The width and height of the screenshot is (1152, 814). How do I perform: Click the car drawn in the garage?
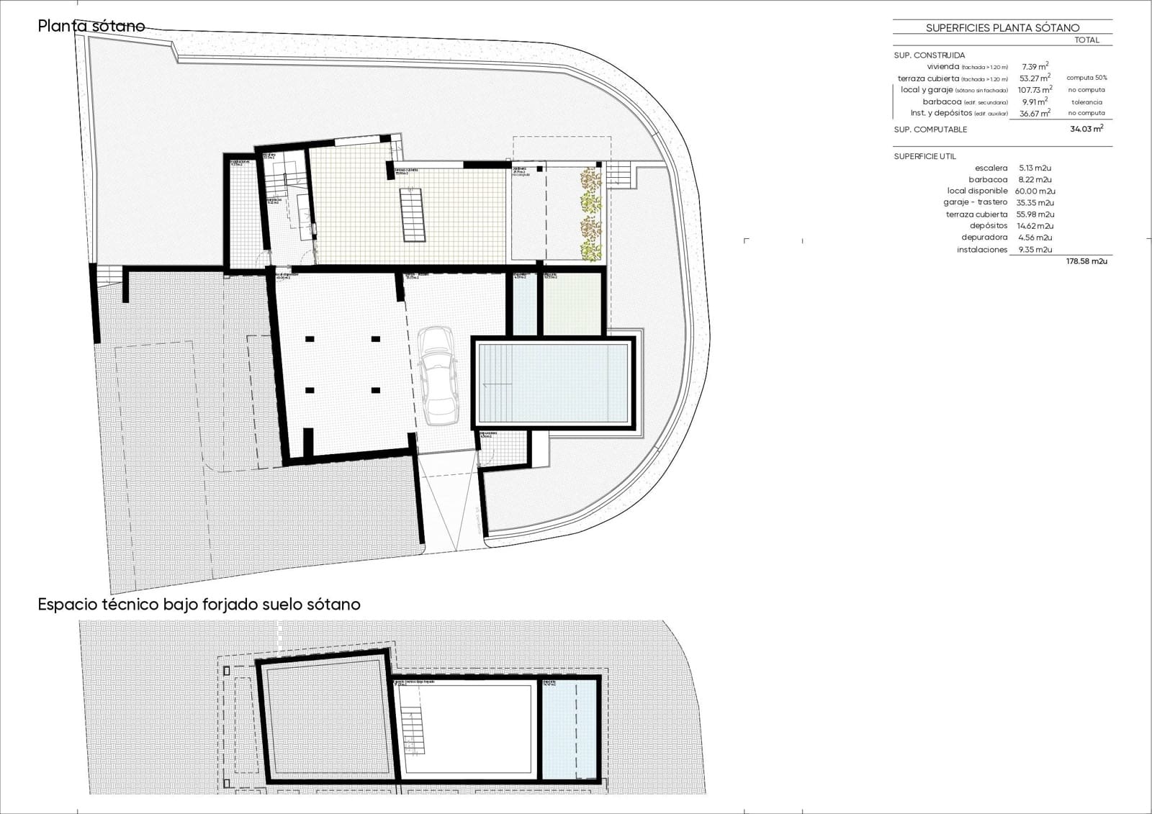point(438,375)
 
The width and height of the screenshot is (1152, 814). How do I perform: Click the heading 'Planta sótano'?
point(91,27)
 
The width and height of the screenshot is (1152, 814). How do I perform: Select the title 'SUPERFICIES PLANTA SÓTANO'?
point(1002,28)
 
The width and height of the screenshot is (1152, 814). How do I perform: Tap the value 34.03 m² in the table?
point(1086,129)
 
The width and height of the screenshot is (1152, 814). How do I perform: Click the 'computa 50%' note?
point(1086,78)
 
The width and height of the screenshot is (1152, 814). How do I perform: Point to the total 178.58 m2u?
point(1086,262)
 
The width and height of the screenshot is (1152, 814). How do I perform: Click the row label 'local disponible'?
point(977,191)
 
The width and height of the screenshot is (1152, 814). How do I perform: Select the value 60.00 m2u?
point(1035,191)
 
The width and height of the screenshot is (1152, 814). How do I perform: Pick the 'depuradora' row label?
point(984,238)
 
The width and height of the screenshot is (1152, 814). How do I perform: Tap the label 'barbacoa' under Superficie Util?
point(988,180)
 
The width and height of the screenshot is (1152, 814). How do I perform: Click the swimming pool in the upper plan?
point(553,382)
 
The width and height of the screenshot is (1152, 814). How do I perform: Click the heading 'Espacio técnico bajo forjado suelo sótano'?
point(199,605)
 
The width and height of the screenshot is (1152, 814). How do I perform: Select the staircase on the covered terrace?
point(412,214)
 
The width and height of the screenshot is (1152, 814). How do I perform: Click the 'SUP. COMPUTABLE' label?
point(930,130)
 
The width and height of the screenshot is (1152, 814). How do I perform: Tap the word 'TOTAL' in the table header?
point(1086,40)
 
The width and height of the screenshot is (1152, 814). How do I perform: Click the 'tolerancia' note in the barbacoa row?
point(1086,102)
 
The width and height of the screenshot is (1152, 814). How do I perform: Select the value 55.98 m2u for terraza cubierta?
point(1035,214)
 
